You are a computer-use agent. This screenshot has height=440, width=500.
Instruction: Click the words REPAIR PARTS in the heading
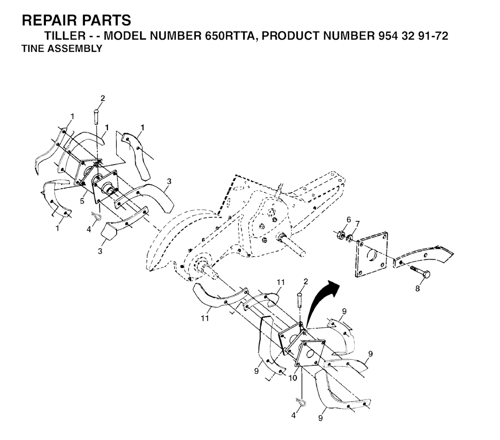tap(77, 21)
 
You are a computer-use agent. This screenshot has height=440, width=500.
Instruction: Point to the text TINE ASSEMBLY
tap(62, 49)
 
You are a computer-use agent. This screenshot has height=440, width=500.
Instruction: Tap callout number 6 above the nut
tap(349, 219)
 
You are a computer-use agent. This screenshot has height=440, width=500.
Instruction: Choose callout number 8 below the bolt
tap(417, 288)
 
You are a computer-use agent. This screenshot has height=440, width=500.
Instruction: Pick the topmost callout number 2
tap(102, 98)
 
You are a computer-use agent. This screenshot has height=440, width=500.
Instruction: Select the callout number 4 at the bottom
tap(293, 416)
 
